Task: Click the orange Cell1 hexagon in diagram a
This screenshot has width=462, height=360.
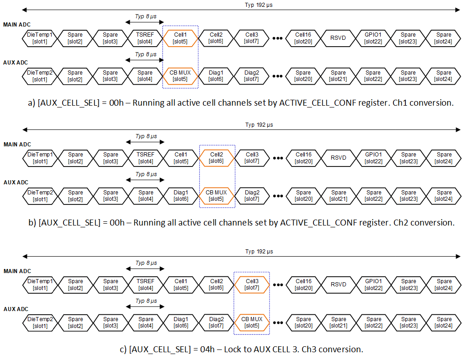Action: tap(180, 38)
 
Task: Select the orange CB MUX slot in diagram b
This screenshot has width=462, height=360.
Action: tap(216, 196)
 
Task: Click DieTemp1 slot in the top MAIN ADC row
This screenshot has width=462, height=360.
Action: tap(40, 38)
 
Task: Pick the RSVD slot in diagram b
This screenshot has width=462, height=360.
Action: tap(338, 158)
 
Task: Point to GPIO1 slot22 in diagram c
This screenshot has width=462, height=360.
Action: tap(373, 285)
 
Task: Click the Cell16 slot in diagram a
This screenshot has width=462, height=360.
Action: tap(303, 38)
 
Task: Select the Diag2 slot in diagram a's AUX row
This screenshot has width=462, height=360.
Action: tap(251, 76)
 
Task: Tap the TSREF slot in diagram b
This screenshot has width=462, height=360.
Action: tap(145, 158)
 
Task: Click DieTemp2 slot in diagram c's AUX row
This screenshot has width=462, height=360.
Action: tap(40, 322)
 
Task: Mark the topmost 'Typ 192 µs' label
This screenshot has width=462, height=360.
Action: tap(258, 5)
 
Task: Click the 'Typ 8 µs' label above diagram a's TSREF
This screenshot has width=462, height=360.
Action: tap(146, 16)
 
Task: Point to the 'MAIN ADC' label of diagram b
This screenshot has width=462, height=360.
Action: tap(17, 145)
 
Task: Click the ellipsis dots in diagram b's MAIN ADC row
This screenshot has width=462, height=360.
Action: tap(277, 158)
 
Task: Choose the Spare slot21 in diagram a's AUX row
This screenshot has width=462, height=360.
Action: tap(338, 76)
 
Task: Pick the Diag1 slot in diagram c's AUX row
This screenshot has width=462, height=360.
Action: tap(181, 322)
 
